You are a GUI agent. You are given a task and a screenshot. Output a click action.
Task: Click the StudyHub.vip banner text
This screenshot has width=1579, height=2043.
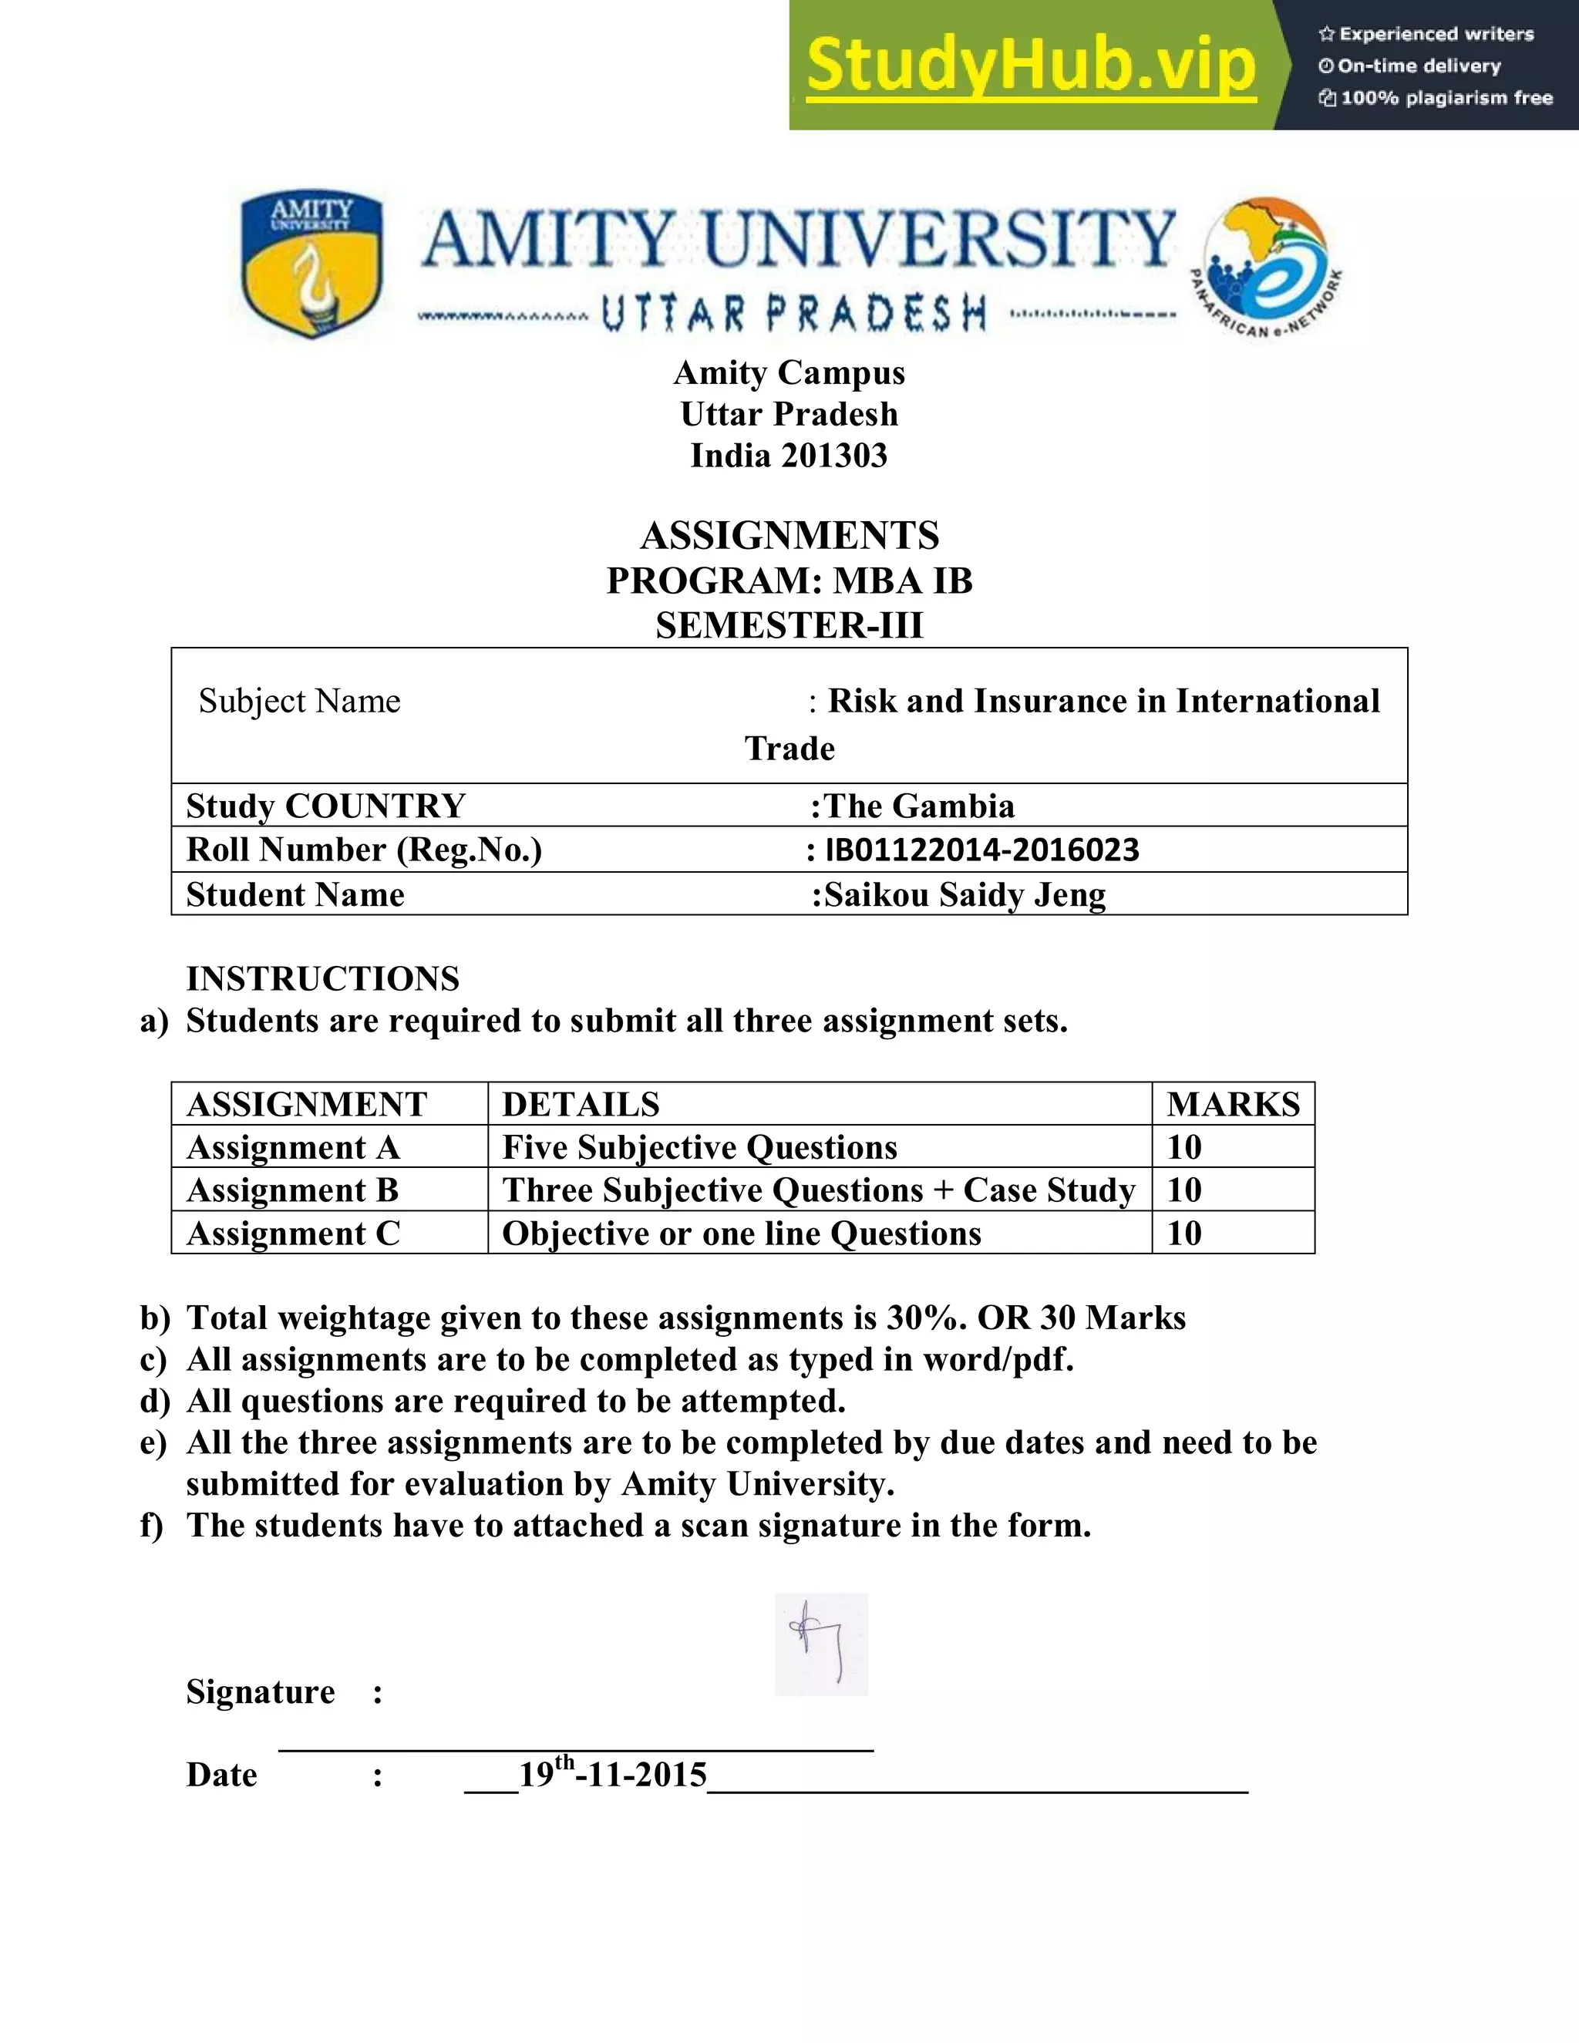tap(1030, 66)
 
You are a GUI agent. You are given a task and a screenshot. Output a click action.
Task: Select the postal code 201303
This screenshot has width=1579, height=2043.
tap(833, 456)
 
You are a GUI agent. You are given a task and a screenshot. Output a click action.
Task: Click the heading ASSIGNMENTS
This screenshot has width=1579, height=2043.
tap(789, 536)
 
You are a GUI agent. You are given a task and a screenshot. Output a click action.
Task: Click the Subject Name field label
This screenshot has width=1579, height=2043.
tap(299, 701)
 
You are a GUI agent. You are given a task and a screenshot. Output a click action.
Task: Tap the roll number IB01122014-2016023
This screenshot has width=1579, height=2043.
tap(981, 850)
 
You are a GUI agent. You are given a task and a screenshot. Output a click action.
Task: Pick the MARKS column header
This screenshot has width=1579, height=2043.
tap(1232, 1104)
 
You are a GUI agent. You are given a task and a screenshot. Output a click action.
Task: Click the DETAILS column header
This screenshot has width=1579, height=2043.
tap(581, 1104)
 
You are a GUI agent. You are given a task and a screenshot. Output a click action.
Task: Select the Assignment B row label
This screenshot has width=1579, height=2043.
tap(293, 1190)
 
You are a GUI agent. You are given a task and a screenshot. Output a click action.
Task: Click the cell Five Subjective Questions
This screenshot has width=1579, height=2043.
tap(700, 1147)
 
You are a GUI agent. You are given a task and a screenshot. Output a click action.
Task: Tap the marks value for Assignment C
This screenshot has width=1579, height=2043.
tap(1184, 1233)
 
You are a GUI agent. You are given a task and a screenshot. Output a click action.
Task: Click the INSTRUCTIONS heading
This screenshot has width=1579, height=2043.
tap(323, 978)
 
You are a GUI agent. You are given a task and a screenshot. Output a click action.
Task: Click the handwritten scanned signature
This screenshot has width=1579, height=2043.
tap(821, 1644)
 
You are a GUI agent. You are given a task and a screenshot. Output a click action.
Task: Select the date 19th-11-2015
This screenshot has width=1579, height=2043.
tap(613, 1774)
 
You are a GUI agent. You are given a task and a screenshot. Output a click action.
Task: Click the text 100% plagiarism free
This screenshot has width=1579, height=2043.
tap(1446, 98)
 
